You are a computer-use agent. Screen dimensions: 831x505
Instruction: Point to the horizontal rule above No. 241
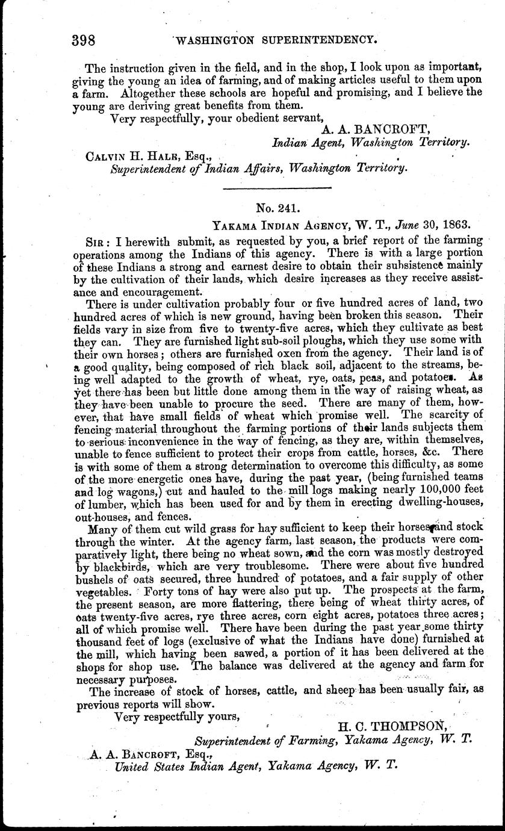[x=277, y=189]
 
